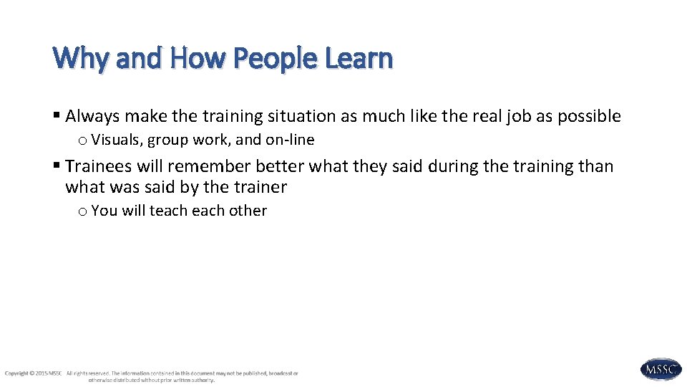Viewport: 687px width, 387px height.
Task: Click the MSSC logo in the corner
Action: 661,370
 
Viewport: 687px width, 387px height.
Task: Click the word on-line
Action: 290,140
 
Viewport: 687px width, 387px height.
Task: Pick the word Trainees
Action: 99,166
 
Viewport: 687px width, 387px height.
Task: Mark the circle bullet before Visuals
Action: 83,140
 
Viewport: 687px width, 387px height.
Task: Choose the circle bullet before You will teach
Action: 83,211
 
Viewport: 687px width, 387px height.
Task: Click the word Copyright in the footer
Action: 16,373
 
